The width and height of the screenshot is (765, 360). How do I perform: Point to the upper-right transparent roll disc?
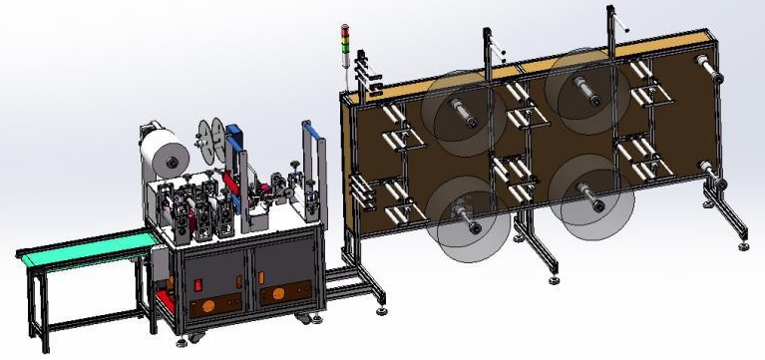coord(592,98)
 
